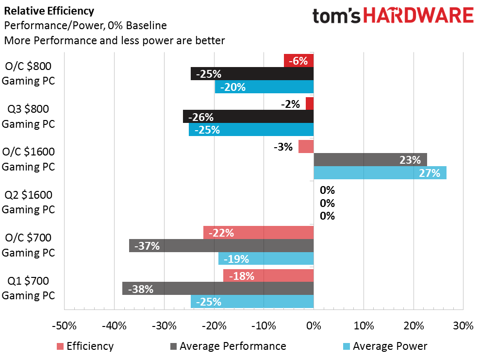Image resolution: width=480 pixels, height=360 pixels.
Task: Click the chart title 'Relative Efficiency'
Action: point(49,11)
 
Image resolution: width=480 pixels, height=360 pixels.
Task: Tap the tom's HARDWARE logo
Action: point(393,16)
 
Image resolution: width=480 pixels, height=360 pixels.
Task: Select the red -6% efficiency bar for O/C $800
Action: point(299,60)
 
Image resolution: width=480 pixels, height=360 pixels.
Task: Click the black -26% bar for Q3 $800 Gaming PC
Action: point(248,117)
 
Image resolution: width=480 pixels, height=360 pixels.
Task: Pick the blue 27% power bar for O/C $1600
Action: point(380,173)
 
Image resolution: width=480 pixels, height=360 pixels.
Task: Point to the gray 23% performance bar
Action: point(370,160)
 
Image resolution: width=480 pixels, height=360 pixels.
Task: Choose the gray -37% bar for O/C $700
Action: point(221,246)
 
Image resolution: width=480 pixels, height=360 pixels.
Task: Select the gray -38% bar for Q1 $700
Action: point(218,289)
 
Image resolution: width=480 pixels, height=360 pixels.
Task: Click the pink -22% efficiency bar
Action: point(258,233)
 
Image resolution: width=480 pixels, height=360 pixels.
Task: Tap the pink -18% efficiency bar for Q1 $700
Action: point(268,276)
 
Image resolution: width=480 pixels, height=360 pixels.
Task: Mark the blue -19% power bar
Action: point(266,258)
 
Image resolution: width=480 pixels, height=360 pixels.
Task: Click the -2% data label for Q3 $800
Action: point(290,104)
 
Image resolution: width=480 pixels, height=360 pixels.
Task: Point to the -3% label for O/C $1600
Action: point(283,147)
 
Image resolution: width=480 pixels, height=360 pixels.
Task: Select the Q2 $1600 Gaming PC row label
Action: point(28,202)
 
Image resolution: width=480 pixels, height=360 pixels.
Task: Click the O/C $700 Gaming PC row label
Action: point(28,245)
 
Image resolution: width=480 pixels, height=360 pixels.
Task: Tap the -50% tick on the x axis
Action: point(64,326)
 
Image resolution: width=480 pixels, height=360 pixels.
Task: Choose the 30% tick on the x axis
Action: point(463,326)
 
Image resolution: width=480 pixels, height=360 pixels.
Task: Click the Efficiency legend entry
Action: point(85,346)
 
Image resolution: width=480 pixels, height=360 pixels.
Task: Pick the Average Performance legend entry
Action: point(228,346)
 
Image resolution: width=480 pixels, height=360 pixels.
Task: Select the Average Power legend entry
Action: point(385,346)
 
